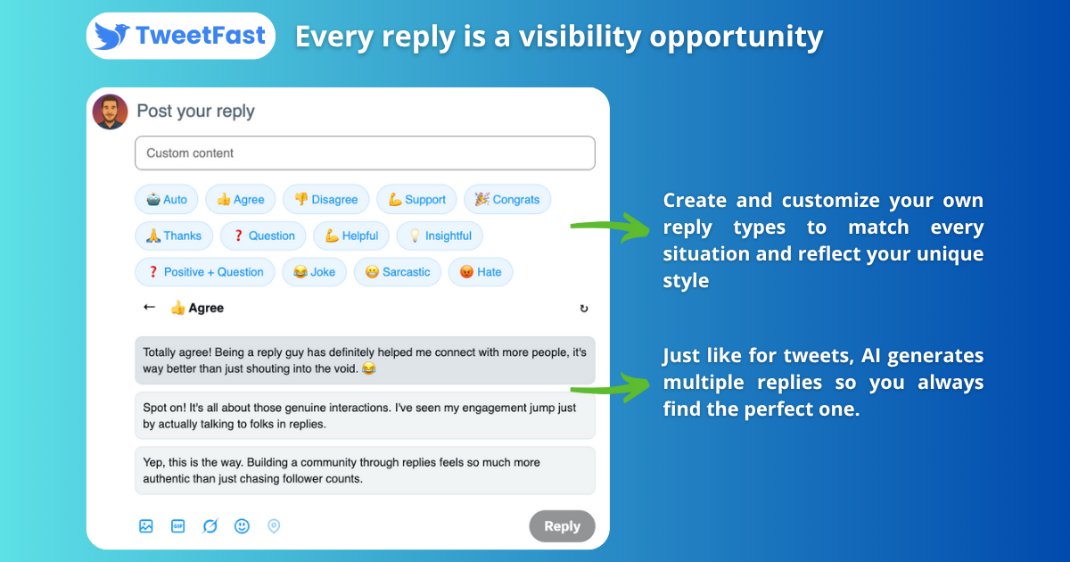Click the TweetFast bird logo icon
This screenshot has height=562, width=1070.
point(111,36)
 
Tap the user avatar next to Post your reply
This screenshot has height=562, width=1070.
point(110,112)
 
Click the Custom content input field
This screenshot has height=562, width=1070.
point(365,153)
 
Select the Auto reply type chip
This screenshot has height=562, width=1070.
point(166,199)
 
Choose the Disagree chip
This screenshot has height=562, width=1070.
point(325,199)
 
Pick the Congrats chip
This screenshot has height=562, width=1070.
point(507,199)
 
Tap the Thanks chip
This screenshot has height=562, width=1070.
point(174,236)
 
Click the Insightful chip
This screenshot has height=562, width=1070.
point(440,236)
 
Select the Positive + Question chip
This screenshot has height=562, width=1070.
point(205,272)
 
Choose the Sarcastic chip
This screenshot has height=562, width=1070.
point(398,272)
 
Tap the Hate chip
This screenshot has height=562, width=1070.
point(481,272)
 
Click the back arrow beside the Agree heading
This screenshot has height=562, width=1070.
point(150,307)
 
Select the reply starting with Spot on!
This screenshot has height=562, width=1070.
point(365,416)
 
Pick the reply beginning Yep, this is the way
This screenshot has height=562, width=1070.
point(365,471)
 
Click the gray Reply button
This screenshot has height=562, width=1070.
point(563,526)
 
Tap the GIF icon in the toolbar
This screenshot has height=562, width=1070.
point(177,526)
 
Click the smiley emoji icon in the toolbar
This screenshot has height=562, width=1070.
point(242,526)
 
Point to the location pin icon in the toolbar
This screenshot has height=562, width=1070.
point(274,526)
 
